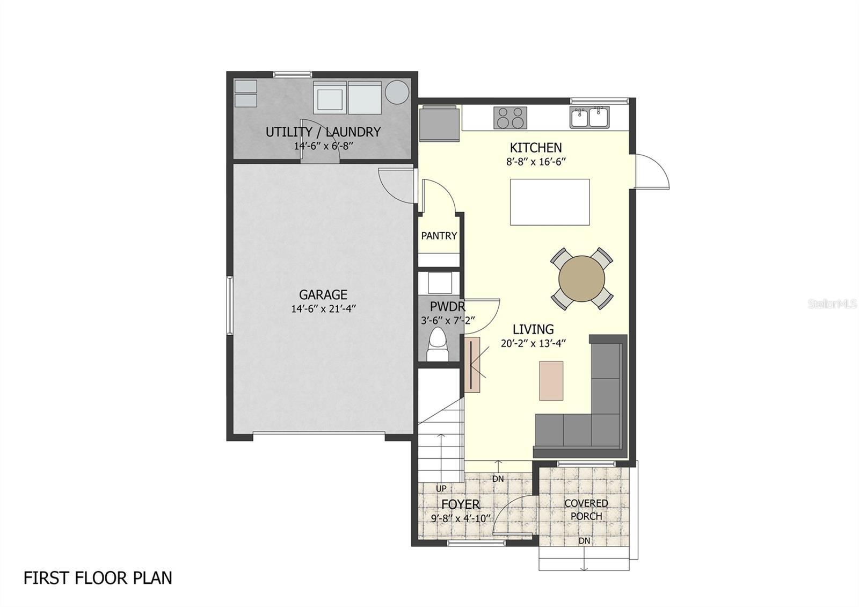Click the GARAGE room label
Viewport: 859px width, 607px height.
coord(323,294)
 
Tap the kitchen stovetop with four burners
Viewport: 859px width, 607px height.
coord(510,118)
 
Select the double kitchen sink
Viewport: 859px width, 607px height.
coord(589,117)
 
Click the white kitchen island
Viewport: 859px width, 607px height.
coord(550,202)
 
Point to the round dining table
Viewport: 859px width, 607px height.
coord(581,278)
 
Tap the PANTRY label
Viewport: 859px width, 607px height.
coord(439,235)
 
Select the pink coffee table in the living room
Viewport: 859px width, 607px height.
coord(551,380)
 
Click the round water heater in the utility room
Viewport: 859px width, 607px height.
coord(397,92)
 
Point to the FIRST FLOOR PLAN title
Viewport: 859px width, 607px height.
coord(98,578)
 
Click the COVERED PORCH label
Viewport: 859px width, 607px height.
coord(586,510)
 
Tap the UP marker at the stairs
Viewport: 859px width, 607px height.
coord(441,488)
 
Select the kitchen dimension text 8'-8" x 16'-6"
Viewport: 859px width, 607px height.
coord(536,162)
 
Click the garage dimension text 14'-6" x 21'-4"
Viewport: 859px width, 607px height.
coord(324,309)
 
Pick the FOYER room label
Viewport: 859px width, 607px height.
coord(461,504)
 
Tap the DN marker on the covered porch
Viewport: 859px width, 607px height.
coord(584,541)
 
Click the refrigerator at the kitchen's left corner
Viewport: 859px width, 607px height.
coord(440,124)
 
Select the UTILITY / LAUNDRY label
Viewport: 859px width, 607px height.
coord(323,132)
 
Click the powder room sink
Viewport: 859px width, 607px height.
coord(439,282)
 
